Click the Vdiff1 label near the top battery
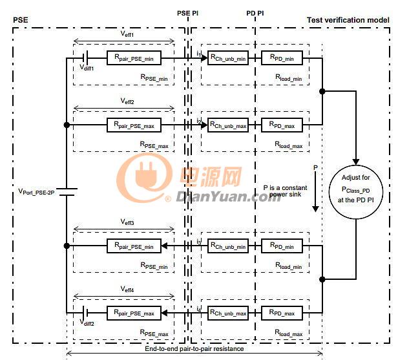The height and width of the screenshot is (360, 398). pos(87,67)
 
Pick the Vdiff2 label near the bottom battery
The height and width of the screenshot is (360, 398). pos(87,323)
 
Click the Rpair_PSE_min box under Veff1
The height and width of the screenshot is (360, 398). pos(134,58)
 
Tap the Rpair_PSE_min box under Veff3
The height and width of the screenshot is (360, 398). pos(134,246)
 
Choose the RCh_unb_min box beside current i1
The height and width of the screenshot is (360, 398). pos(227,58)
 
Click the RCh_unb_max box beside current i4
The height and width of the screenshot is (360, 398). pos(227,313)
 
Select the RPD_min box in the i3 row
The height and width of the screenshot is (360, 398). pos(282,246)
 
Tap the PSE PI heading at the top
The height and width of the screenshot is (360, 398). pos(189,13)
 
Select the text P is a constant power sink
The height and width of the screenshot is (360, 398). pos(285,192)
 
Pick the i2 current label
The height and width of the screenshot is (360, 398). pos(200,121)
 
